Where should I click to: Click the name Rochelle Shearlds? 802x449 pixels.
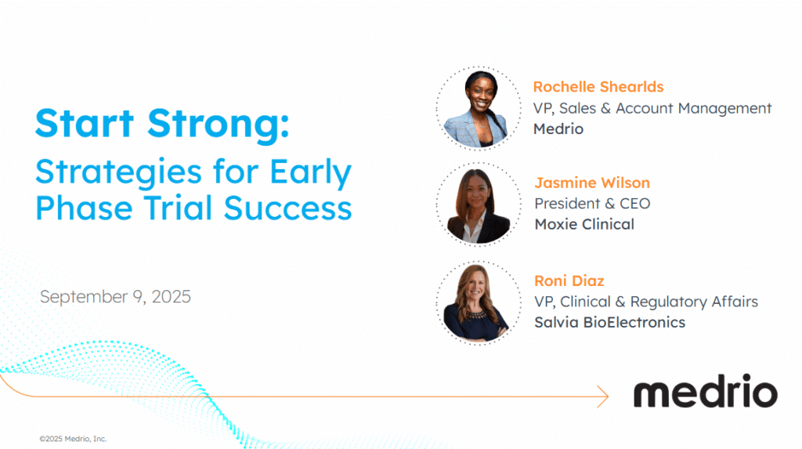(598, 87)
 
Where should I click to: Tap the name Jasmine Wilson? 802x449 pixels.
(592, 183)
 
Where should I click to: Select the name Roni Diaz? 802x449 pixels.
(569, 281)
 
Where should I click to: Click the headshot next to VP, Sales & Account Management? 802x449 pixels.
(479, 108)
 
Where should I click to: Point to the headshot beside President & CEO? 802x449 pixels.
(479, 205)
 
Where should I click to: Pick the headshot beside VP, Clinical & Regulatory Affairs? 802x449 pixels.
(479, 302)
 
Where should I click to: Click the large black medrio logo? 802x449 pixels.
(706, 391)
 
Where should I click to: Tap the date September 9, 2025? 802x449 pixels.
(115, 297)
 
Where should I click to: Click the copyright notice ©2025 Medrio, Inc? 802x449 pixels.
(73, 439)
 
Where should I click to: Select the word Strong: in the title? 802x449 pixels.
(219, 125)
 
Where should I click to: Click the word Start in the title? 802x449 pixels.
(85, 123)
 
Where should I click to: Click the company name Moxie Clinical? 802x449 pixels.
(584, 224)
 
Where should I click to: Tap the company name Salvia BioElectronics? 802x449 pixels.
(609, 323)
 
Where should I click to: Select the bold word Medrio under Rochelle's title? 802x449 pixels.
(558, 129)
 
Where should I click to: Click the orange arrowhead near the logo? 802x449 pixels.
(603, 396)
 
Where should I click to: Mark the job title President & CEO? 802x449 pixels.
(592, 204)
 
